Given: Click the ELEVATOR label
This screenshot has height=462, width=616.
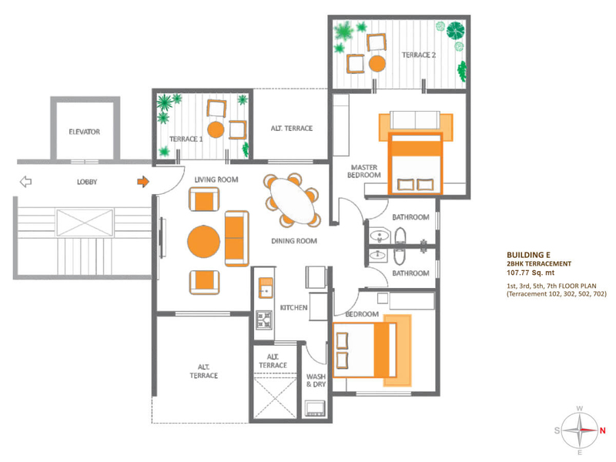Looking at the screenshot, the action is (x=84, y=132).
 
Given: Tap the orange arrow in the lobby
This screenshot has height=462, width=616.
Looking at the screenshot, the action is (x=143, y=182).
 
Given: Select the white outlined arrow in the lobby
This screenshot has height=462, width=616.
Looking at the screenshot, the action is (x=25, y=182).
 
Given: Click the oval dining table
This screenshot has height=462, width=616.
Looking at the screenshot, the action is (x=293, y=201).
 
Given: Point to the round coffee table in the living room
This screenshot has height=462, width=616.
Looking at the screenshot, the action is (x=203, y=241).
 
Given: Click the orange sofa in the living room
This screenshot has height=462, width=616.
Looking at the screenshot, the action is (x=236, y=239).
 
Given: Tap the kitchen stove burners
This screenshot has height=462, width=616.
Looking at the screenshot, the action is (x=264, y=320).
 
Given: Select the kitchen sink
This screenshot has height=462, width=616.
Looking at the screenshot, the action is (x=266, y=287).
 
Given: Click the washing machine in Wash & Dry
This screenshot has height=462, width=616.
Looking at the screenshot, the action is (x=315, y=409).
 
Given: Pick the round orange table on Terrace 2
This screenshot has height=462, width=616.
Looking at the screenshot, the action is (x=377, y=64).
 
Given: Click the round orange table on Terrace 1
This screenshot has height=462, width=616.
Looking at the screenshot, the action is (x=216, y=129).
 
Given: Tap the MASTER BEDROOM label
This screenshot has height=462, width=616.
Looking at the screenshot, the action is (x=364, y=171).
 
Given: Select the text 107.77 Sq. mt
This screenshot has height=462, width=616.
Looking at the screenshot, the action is (x=531, y=273).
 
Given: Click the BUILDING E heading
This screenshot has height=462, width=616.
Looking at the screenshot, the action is (x=528, y=255).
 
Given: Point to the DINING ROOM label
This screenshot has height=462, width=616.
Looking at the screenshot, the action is (x=294, y=241).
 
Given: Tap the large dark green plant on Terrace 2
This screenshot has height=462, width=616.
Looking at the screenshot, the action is (x=455, y=30).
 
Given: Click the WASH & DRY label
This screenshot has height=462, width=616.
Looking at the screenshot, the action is (x=316, y=380).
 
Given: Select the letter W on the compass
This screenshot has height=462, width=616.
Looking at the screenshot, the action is (x=580, y=409).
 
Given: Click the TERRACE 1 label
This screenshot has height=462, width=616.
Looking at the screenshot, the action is (x=186, y=139).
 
